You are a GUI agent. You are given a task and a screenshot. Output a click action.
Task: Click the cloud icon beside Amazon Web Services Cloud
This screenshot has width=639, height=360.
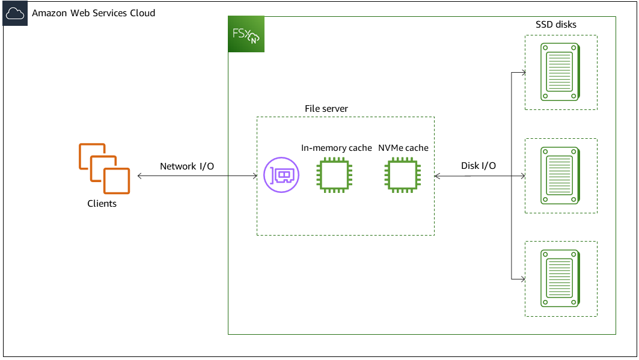click(14, 13)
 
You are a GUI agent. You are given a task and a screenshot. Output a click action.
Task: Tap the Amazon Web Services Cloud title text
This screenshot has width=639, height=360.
click(93, 13)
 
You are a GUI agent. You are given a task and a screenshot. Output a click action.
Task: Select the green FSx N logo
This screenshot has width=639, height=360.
click(246, 34)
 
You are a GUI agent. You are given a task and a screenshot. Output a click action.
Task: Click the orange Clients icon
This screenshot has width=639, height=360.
click(104, 168)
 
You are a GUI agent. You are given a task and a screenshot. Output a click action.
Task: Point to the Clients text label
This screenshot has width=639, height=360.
click(102, 204)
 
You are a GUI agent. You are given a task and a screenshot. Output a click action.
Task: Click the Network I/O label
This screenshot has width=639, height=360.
click(187, 166)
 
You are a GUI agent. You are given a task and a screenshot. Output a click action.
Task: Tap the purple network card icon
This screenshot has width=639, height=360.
click(281, 175)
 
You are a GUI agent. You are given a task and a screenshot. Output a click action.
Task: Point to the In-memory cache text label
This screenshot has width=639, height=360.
click(337, 148)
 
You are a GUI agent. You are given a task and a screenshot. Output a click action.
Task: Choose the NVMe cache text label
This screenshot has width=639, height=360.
click(403, 148)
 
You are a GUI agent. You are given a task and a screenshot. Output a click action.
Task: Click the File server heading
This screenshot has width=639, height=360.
click(326, 109)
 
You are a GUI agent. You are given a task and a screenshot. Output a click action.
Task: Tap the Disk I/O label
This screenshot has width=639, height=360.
click(478, 166)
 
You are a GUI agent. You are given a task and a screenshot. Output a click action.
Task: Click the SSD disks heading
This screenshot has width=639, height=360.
click(556, 25)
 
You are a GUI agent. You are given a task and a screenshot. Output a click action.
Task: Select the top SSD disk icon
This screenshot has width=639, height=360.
click(560, 72)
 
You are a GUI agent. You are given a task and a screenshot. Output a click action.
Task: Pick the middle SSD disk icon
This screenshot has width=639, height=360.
click(560, 175)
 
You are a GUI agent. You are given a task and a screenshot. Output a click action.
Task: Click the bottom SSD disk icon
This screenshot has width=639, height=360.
click(560, 279)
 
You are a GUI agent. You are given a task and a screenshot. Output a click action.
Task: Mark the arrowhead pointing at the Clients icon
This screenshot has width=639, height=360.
click(140, 176)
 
